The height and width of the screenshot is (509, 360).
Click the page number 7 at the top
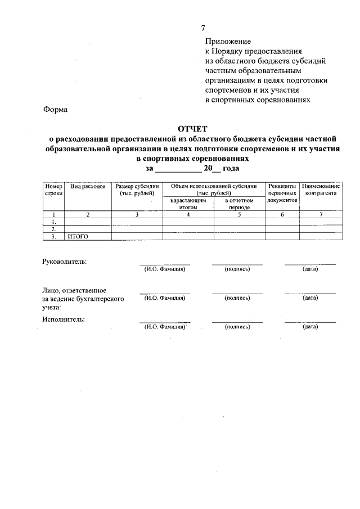click(x=204, y=29)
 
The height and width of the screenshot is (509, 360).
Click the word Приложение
click(x=228, y=42)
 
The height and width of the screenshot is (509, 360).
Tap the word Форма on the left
click(x=55, y=110)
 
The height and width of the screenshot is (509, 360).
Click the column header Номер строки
click(x=53, y=190)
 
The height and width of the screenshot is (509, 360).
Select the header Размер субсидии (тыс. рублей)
click(x=137, y=190)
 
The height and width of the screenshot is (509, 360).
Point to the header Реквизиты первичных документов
click(x=282, y=193)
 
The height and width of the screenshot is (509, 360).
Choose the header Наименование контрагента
click(x=321, y=190)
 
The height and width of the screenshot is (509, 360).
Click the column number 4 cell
click(x=188, y=214)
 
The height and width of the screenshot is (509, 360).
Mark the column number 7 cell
click(x=321, y=214)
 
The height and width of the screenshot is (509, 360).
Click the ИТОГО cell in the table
click(x=78, y=236)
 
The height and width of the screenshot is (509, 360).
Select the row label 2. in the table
click(x=53, y=229)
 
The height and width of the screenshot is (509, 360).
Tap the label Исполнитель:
click(x=64, y=319)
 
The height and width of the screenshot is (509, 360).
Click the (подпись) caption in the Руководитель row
click(x=237, y=269)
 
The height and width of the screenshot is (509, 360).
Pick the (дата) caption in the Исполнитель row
click(x=310, y=326)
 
